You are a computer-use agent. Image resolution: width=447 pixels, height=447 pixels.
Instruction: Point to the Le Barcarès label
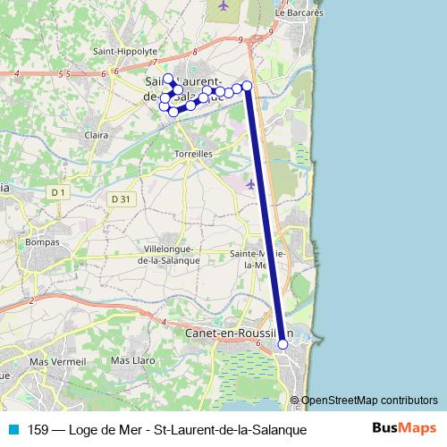pos(298,13)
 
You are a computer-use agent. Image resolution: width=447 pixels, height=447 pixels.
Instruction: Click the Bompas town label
pos(43,242)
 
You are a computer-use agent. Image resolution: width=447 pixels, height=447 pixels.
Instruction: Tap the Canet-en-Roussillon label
pos(240,333)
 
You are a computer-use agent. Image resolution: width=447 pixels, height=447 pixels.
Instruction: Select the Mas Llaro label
pos(132,360)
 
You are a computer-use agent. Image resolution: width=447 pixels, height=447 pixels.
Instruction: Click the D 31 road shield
pos(121,198)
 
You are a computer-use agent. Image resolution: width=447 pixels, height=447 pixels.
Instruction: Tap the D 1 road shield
pos(59,192)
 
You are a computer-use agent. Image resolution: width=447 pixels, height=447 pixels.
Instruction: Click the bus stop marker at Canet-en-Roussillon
pos(283,344)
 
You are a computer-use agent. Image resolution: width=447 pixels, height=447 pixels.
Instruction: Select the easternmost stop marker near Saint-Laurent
pos(248,85)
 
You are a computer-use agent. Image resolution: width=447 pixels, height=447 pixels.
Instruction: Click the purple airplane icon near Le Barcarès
pos(223,5)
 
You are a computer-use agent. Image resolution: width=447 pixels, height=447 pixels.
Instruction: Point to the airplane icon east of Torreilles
pos(250,184)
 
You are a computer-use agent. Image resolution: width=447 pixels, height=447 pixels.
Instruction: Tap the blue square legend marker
pos(13,429)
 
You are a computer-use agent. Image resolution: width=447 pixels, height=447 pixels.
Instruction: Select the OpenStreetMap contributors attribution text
pos(369,401)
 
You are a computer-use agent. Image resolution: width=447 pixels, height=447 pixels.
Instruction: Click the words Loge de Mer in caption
pos(113,429)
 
